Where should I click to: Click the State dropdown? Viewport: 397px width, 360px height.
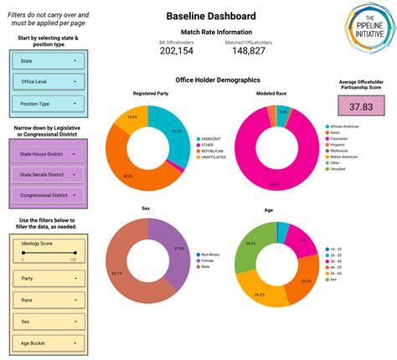pos(49,61)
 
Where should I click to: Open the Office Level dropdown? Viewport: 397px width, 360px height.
pos(49,83)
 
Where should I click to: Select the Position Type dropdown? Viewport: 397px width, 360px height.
pos(49,105)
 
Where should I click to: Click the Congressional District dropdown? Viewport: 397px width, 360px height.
pos(49,194)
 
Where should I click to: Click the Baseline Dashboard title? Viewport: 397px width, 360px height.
pos(211,16)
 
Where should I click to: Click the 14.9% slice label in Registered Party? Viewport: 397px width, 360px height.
pos(131,116)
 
